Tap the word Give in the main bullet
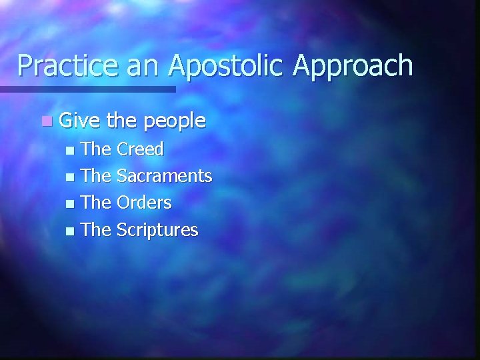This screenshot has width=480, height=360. click(x=79, y=121)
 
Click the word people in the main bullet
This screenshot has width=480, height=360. click(x=175, y=122)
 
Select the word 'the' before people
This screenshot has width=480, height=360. click(x=121, y=121)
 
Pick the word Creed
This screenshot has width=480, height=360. click(x=140, y=149)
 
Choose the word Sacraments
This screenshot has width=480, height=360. click(x=164, y=176)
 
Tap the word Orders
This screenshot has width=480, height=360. click(x=144, y=203)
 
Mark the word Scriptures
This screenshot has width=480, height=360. click(x=157, y=230)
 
